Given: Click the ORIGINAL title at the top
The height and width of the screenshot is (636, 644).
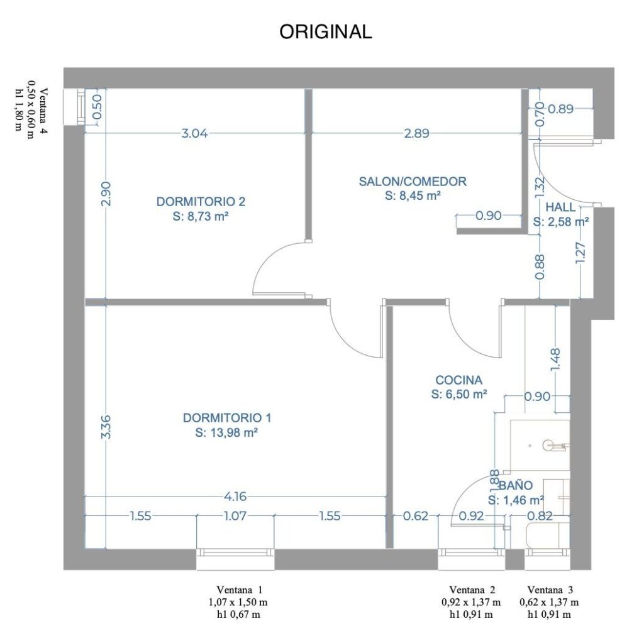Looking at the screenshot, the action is click(325, 31).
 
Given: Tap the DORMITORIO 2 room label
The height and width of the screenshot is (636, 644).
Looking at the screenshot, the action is click(201, 202).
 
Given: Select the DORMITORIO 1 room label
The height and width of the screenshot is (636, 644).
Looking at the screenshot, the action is click(226, 418).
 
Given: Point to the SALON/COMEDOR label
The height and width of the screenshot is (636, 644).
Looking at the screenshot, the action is click(413, 182).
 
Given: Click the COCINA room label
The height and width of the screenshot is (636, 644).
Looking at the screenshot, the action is click(458, 380).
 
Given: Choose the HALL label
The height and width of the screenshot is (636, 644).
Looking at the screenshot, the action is click(560, 207).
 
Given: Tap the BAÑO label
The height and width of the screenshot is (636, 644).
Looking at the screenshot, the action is click(516, 485).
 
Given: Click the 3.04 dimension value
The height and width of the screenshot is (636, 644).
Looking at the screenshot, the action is click(195, 133).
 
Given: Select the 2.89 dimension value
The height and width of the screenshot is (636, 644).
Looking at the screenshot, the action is click(416, 133).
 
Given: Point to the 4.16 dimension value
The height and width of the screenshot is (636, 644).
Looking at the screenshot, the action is click(235, 496).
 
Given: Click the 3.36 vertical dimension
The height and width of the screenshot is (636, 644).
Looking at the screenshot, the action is click(106, 427).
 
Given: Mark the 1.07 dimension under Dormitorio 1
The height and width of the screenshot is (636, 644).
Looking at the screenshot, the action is click(235, 515).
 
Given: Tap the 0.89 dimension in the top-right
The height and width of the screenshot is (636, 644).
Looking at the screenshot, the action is click(560, 109).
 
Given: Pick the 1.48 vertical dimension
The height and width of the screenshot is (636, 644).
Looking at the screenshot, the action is click(555, 360).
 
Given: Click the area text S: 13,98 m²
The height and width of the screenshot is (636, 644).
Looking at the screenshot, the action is click(226, 432).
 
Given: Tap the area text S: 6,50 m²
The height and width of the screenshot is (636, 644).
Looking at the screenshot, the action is click(459, 394).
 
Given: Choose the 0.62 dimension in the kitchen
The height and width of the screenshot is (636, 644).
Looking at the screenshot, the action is click(416, 515).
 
